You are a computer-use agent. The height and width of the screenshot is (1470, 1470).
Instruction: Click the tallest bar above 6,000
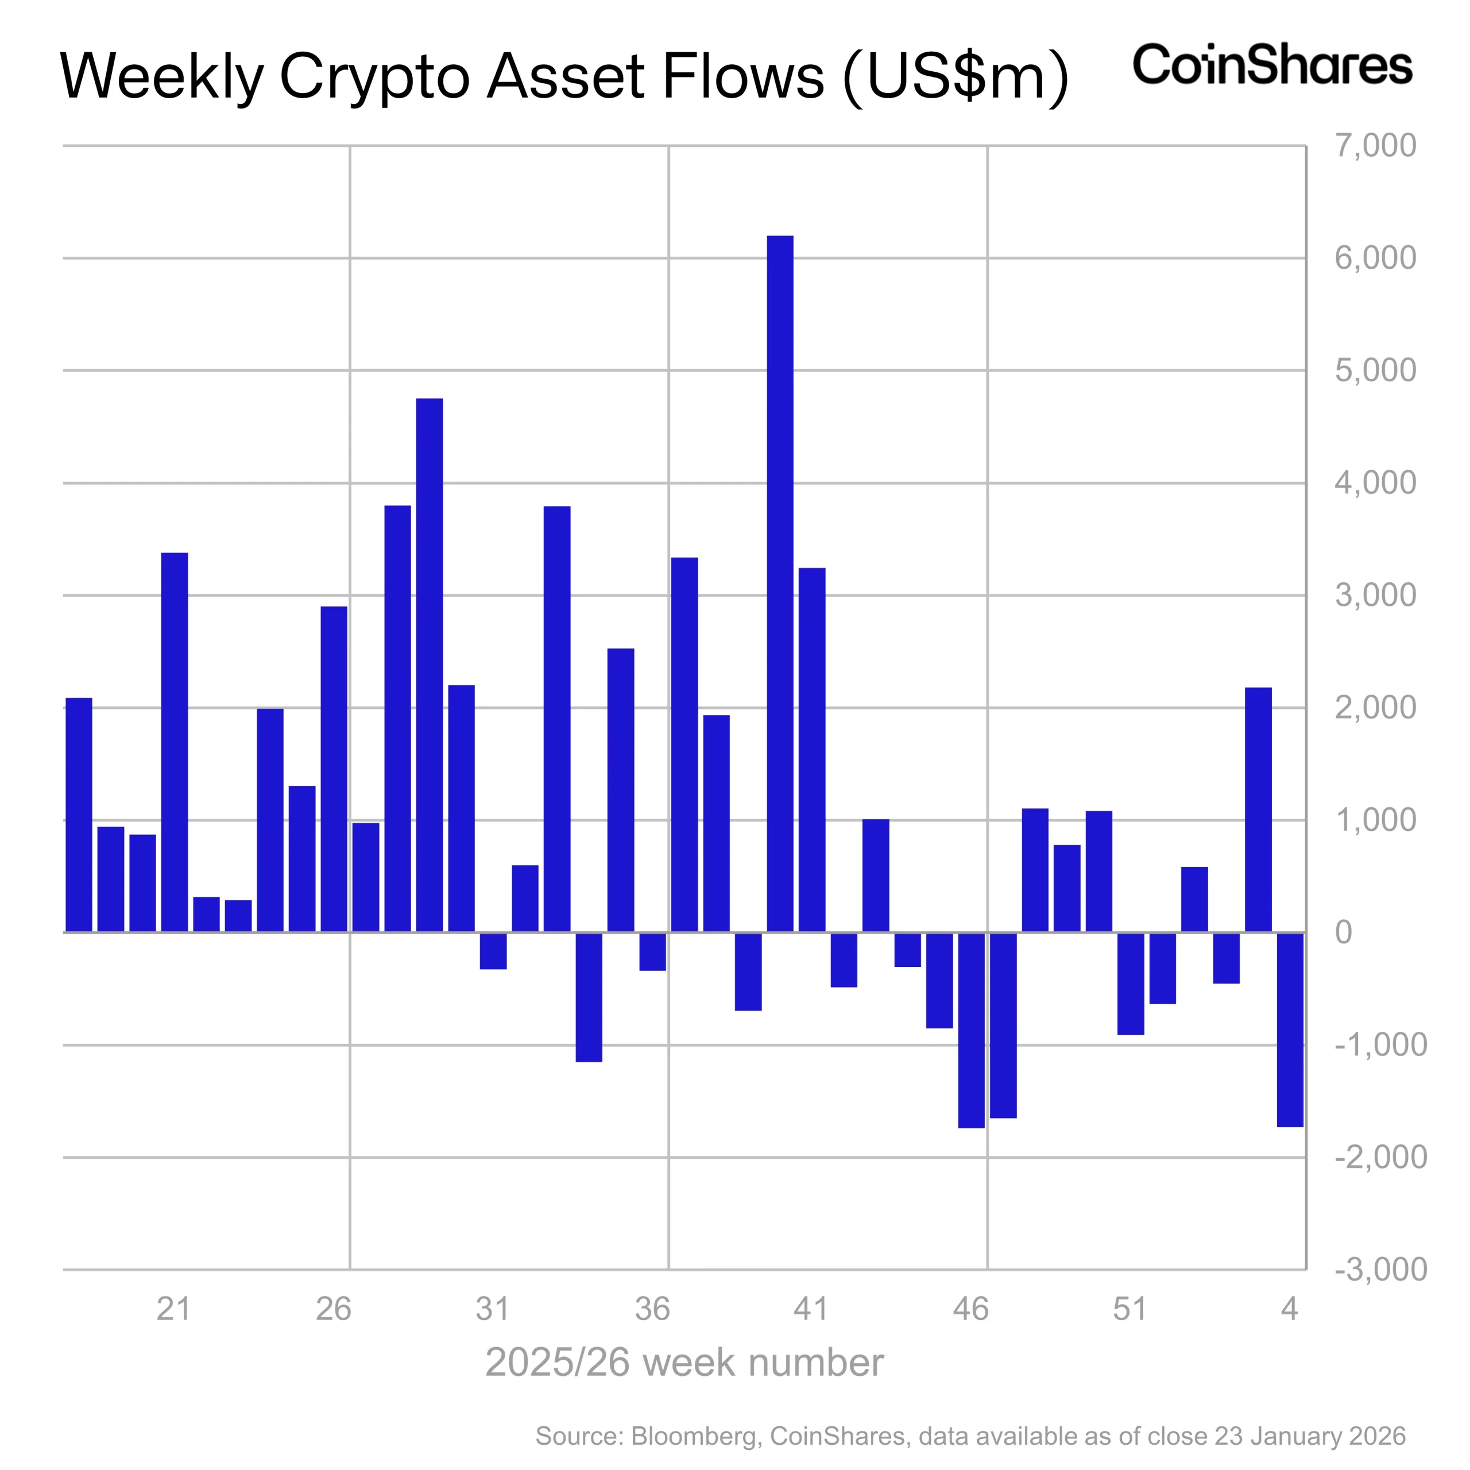point(780,583)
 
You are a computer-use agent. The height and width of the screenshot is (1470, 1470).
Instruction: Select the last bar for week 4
point(1290,1028)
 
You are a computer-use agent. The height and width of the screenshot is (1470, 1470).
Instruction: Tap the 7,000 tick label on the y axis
point(1376,145)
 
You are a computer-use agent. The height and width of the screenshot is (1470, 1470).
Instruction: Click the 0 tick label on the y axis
point(1344,932)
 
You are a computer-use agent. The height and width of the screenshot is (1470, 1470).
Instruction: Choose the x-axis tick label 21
point(173,1309)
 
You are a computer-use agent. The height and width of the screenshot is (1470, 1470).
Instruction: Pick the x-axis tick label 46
point(971,1309)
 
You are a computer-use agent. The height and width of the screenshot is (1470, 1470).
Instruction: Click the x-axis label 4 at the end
point(1289,1309)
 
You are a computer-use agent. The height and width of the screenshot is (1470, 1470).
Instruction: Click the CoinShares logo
point(1272,65)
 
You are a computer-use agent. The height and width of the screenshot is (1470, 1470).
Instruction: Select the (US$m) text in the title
point(957,76)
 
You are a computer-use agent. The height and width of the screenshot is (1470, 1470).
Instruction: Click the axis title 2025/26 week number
point(684,1363)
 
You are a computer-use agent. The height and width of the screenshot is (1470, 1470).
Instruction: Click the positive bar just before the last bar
point(1258,810)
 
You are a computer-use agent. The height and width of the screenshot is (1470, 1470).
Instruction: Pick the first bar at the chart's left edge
point(79,814)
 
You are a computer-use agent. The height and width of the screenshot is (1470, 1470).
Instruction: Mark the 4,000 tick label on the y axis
point(1376,482)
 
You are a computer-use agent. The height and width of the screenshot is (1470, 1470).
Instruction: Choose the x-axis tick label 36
point(652,1309)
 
